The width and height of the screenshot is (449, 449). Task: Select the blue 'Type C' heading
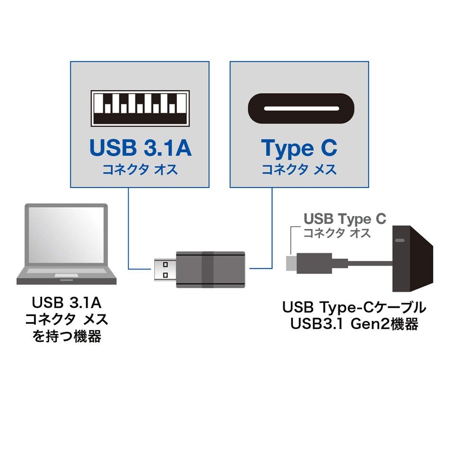[299, 149]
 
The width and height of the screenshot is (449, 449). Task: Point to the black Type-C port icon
[300, 108]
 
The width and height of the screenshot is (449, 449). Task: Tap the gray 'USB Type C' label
[344, 219]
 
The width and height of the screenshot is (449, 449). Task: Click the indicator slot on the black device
[400, 240]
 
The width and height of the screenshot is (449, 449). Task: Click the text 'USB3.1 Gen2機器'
[354, 324]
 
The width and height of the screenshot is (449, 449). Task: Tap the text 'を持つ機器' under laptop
[66, 337]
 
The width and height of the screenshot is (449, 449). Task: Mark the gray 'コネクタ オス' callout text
[337, 233]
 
